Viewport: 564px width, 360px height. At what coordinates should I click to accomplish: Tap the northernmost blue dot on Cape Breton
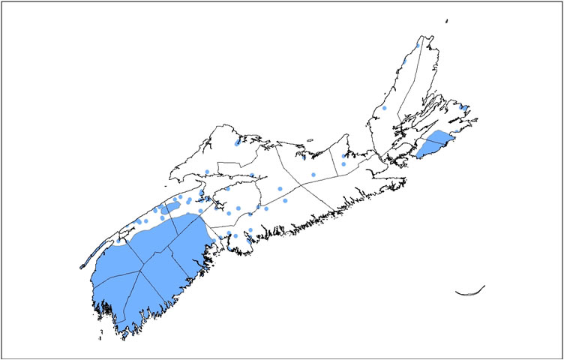coord(418,45)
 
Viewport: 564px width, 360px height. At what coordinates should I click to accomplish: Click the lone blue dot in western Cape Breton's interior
coord(384,108)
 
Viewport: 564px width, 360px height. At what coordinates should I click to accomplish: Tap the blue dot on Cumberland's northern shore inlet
coord(237,140)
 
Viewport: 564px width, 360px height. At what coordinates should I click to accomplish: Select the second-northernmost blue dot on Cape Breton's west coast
coord(406,60)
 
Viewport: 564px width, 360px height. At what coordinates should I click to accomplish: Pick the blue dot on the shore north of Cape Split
coord(206,172)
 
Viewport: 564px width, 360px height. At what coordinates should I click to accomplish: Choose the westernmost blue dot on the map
coord(139,221)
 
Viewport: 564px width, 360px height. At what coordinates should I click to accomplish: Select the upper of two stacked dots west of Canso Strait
coord(343,155)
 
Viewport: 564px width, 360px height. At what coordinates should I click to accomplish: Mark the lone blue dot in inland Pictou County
coord(313,175)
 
